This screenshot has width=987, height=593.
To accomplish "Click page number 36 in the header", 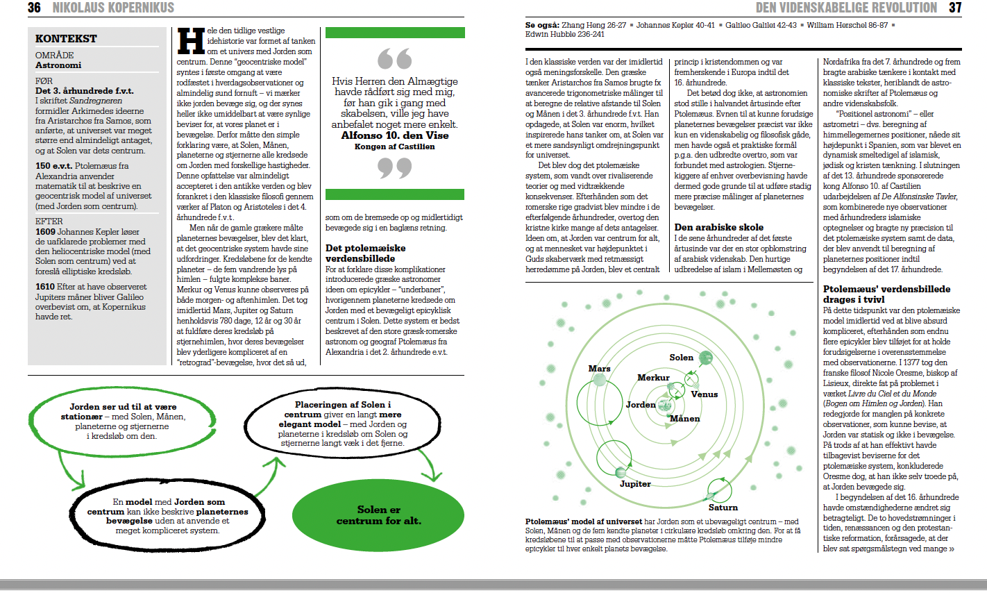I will tap(34, 8).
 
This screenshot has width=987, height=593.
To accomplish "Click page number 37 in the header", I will tap(955, 8).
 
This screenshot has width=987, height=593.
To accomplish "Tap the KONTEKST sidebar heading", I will tap(66, 39).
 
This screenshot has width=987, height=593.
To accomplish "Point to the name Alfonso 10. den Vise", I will tap(394, 135).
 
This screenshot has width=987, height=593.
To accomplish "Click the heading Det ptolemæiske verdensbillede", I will tap(366, 253).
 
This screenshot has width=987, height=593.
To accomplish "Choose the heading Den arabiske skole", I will tap(718, 227).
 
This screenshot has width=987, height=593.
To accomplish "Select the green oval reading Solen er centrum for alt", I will tap(378, 515).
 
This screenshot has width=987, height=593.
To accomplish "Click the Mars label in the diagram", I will tap(599, 369).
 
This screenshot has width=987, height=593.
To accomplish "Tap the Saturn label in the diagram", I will tap(723, 508).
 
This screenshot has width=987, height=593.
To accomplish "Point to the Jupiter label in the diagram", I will tap(635, 484).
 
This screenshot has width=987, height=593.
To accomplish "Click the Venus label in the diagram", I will tap(704, 394).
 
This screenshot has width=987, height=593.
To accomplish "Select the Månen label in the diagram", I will tap(684, 419).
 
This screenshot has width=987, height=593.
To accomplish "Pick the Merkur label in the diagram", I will tap(653, 378).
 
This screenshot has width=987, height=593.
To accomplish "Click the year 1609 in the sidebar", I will tap(45, 232).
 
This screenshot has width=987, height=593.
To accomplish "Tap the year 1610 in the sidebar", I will tap(45, 287).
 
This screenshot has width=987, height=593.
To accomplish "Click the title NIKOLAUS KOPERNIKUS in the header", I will tap(113, 8).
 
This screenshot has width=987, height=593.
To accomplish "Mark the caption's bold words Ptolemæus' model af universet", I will tap(584, 521).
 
